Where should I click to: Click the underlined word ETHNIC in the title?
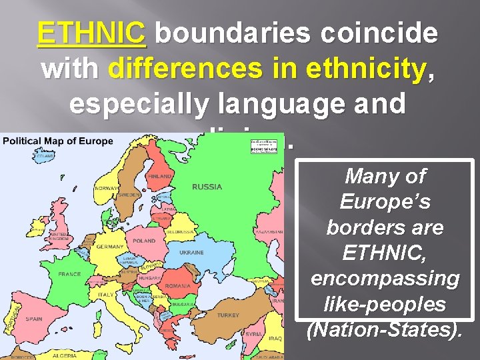(x=92, y=33)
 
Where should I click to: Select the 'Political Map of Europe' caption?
(x=58, y=141)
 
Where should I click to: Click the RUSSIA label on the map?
(x=207, y=187)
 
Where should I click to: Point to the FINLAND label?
(x=160, y=176)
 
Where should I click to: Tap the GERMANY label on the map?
(x=110, y=246)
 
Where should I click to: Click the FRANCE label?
(x=69, y=274)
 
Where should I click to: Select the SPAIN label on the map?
(x=33, y=319)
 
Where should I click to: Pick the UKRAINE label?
(x=191, y=253)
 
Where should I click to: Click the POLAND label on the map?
(x=144, y=241)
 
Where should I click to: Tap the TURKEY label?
(x=228, y=315)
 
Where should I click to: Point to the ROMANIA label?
(x=178, y=286)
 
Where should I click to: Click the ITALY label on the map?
(x=106, y=294)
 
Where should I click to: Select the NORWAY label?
(x=107, y=188)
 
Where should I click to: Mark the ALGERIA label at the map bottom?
(x=65, y=356)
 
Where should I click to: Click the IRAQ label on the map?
(x=275, y=339)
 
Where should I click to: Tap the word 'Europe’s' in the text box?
(x=385, y=202)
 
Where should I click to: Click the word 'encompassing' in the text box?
(x=385, y=279)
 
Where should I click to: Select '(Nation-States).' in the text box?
(x=385, y=330)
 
